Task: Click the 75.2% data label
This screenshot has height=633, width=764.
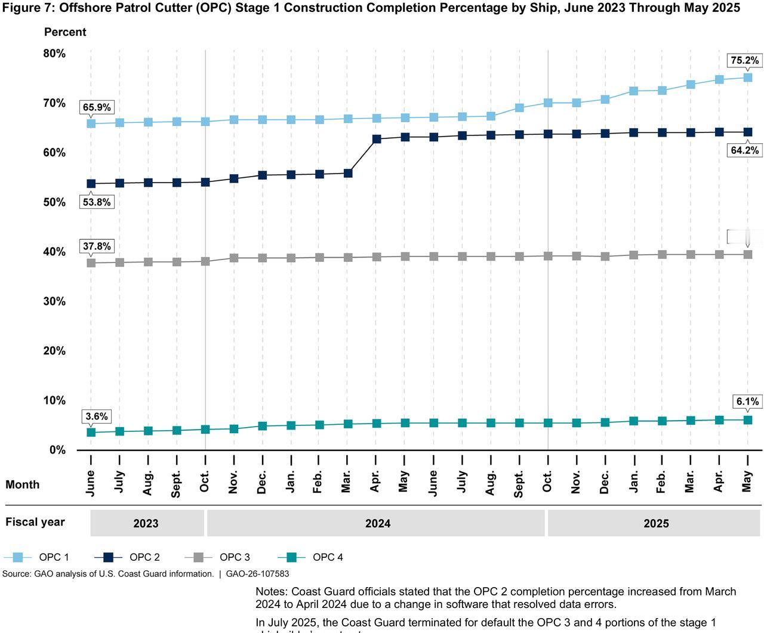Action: point(744,60)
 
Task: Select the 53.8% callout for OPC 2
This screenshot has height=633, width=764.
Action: point(97,202)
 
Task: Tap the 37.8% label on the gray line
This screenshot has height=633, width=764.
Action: point(97,246)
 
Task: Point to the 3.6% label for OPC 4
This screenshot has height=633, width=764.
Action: point(97,416)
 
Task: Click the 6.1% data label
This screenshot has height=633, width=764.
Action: point(747,402)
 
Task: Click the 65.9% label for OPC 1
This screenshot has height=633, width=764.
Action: point(97,107)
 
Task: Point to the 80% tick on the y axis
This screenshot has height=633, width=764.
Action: point(54,54)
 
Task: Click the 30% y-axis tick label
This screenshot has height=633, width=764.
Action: point(54,301)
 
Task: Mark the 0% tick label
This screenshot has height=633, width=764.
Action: point(57,450)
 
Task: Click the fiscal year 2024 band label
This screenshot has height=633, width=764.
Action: point(378,523)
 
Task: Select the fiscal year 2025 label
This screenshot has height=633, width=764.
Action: point(656,523)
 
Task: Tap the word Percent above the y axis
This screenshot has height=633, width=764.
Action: point(65,32)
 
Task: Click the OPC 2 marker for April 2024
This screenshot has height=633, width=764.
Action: point(377,139)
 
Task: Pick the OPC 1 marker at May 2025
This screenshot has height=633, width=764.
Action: point(747,78)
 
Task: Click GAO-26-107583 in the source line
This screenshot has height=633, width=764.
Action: point(257,574)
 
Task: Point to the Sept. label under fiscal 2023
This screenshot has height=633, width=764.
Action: point(177,483)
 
